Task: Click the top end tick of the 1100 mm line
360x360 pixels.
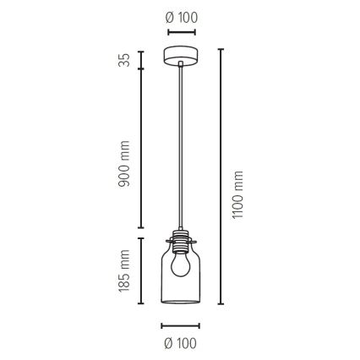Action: (x=221, y=49)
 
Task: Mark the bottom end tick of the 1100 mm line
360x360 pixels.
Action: (x=221, y=302)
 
